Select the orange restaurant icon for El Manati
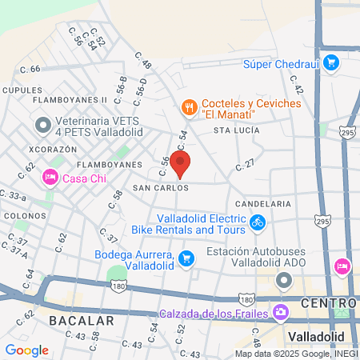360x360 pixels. [189, 106]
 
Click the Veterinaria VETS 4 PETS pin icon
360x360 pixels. [42, 125]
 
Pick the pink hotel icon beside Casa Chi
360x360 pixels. [50, 178]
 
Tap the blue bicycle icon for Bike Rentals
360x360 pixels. [257, 223]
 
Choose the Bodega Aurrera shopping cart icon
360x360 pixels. [186, 257]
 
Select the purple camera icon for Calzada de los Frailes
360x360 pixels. [281, 311]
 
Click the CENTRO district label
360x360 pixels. [329, 303]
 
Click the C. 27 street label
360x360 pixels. [245, 165]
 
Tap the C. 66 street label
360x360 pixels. [30, 70]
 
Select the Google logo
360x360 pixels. [27, 350]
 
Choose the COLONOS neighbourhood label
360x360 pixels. [24, 216]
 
